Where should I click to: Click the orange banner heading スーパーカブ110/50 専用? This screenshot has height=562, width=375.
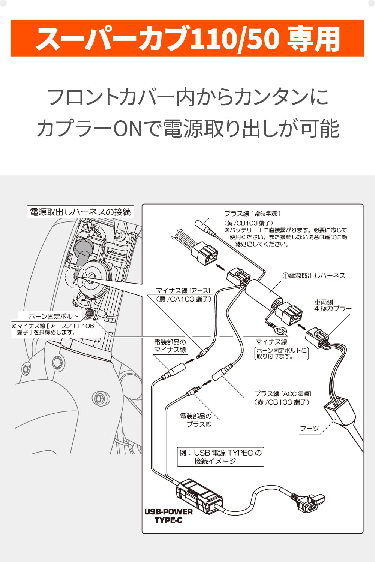187,39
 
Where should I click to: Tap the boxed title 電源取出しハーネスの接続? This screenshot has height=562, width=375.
80,212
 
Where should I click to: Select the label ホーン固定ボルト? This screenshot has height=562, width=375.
54,317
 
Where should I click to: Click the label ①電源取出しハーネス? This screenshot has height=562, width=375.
314,276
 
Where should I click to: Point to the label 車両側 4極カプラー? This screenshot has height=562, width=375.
332,305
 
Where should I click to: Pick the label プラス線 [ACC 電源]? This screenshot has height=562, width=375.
282,394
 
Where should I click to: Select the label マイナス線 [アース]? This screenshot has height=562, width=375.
183,291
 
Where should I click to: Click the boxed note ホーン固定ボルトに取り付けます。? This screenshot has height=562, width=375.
282,353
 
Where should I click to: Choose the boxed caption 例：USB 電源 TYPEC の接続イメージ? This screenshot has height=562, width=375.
220,457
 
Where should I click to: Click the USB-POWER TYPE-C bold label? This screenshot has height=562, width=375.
168,516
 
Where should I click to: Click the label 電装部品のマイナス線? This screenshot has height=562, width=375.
170,346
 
